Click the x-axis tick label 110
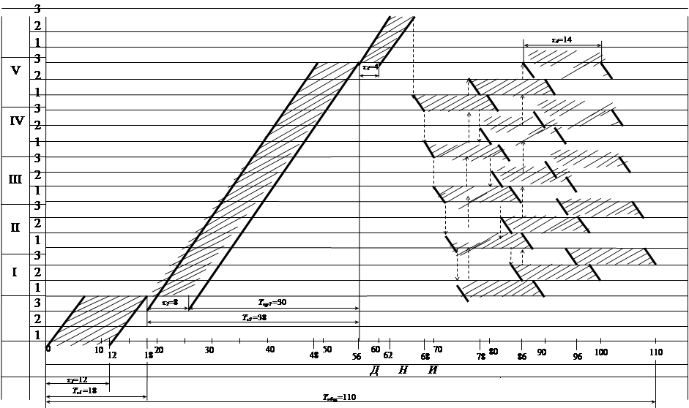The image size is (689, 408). click(x=655, y=352)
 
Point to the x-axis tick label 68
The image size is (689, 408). click(x=425, y=358)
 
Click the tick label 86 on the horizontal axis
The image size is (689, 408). click(x=522, y=358)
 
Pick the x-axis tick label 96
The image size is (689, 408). click(x=577, y=358)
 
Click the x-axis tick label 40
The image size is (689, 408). click(x=269, y=350)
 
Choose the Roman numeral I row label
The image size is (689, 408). click(x=14, y=272)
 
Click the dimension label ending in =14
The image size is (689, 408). click(x=562, y=39)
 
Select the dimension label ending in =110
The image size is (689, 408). click(x=338, y=397)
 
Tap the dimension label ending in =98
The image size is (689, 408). click(x=254, y=317)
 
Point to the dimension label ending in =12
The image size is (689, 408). click(x=77, y=380)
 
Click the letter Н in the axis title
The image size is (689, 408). click(x=403, y=370)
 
